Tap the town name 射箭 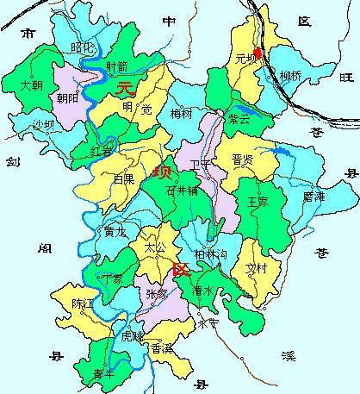click(x=116, y=66)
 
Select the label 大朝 click(x=31, y=86)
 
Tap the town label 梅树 click(x=182, y=114)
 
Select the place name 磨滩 click(x=315, y=197)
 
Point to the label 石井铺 click(x=183, y=191)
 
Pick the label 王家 click(x=258, y=201)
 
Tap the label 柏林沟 click(x=211, y=254)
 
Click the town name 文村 click(x=257, y=268)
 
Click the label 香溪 click(x=162, y=348)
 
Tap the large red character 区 click(x=180, y=270)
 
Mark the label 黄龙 click(x=115, y=232)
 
